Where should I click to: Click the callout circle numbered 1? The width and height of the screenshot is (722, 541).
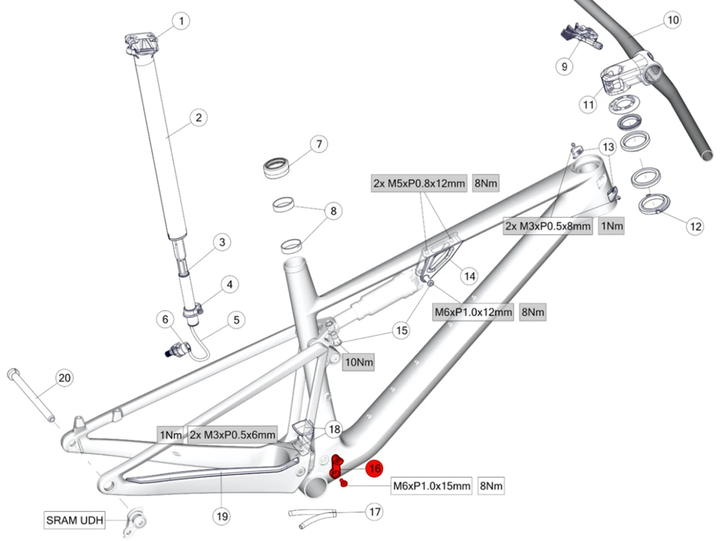(181, 21)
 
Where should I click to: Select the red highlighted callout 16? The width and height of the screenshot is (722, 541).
(374, 468)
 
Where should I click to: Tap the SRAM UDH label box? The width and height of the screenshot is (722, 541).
(75, 520)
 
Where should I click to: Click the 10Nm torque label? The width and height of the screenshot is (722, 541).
(359, 362)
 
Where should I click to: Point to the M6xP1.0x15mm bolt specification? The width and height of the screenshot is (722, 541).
(431, 486)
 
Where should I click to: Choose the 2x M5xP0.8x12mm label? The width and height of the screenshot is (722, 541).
(419, 183)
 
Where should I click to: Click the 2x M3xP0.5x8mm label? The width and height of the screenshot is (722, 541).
(548, 226)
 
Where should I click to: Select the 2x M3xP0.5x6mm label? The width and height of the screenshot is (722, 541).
(232, 435)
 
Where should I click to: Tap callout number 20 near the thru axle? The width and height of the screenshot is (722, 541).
(64, 378)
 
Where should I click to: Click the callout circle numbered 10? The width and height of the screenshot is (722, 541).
(672, 20)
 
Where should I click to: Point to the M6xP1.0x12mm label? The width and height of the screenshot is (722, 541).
(473, 312)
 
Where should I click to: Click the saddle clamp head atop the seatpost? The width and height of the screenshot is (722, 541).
(141, 44)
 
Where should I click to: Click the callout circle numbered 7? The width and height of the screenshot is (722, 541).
(319, 144)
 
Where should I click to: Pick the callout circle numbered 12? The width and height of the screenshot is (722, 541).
(696, 226)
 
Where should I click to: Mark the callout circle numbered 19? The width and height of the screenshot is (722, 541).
(222, 516)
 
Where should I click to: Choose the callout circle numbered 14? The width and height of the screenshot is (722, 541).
(469, 276)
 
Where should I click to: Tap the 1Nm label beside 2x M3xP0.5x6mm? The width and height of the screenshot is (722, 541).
(171, 435)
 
